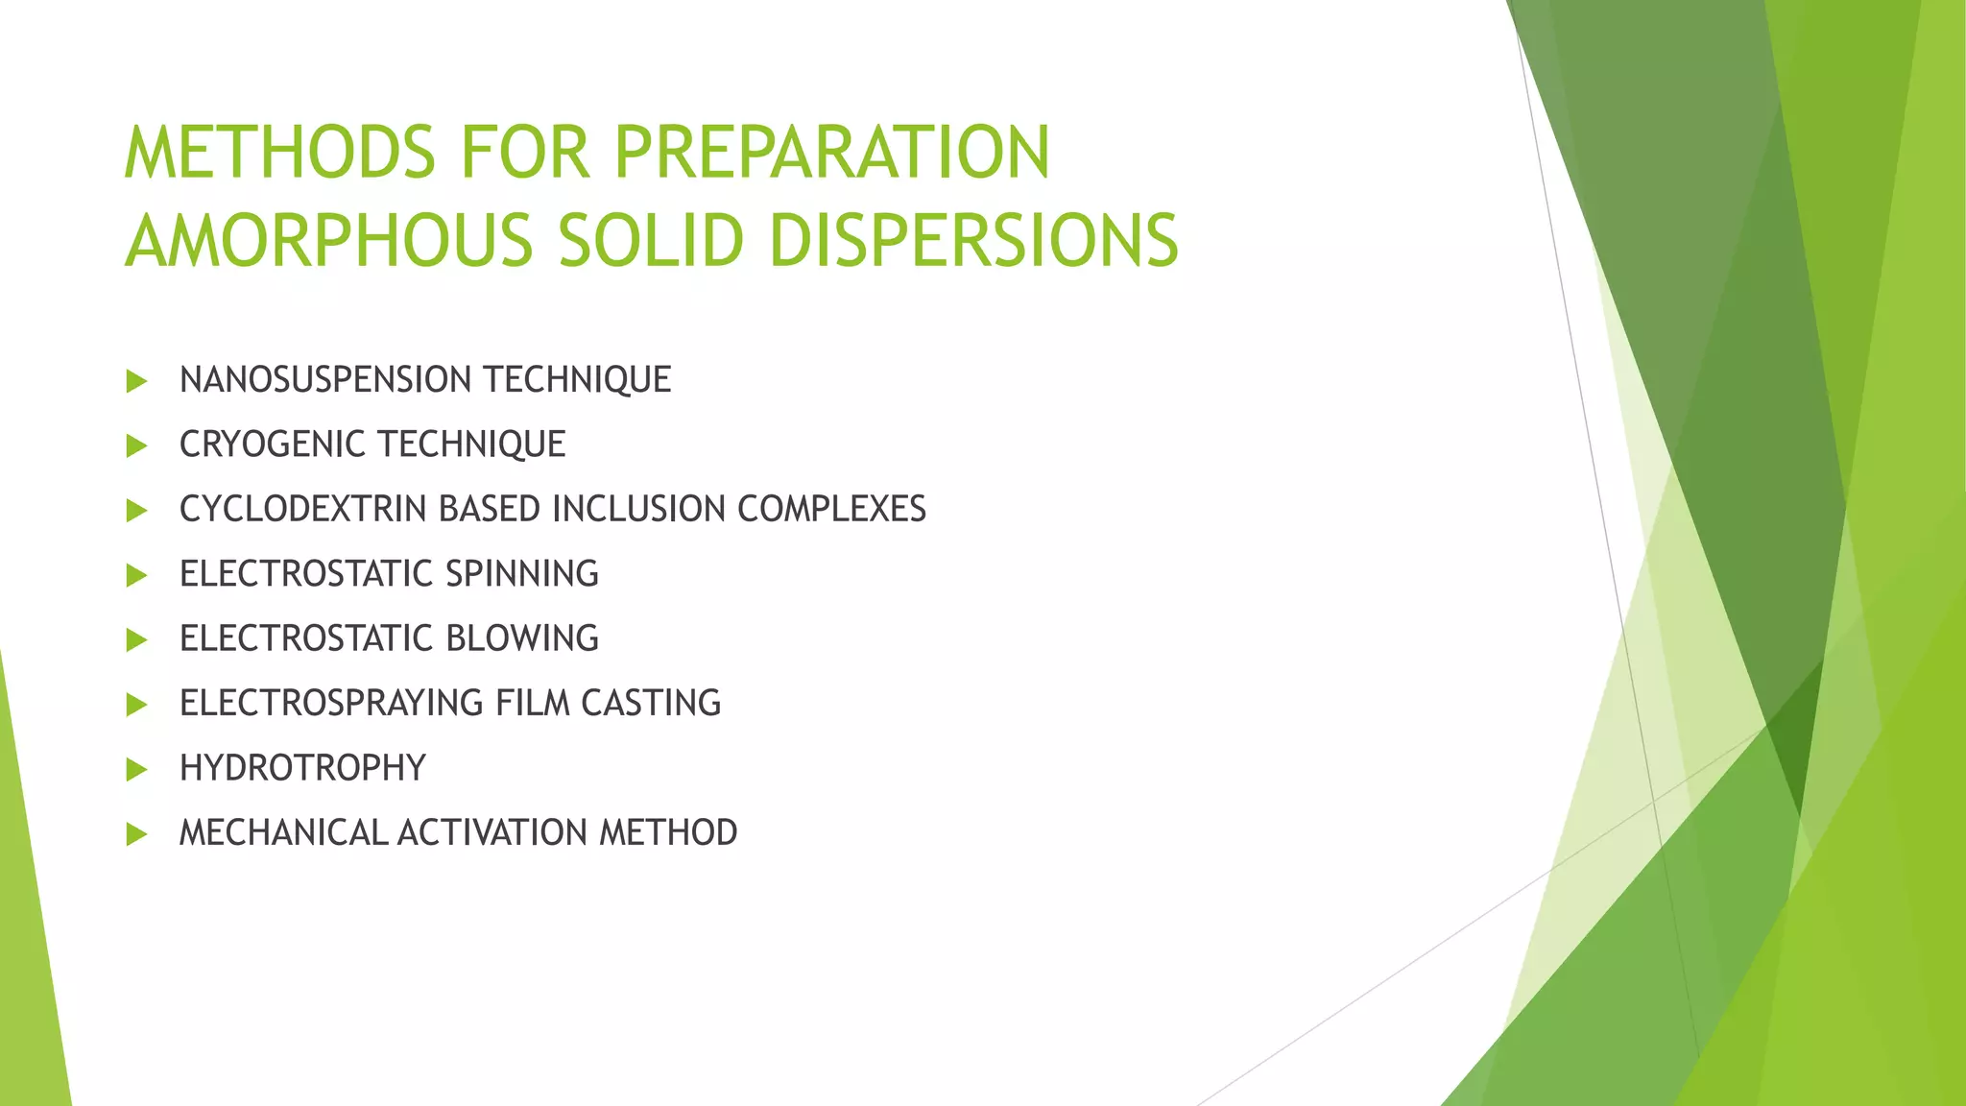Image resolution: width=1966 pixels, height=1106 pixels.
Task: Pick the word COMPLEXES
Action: click(831, 509)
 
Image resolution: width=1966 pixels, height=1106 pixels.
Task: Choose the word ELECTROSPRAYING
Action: click(331, 703)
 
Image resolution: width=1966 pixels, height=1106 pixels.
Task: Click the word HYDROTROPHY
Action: click(302, 768)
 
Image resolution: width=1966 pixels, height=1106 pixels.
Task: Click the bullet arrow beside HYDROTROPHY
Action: click(136, 769)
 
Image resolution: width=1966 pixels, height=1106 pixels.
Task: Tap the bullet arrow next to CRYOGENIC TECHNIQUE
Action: click(136, 445)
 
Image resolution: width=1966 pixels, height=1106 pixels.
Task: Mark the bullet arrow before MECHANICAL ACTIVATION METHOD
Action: click(136, 833)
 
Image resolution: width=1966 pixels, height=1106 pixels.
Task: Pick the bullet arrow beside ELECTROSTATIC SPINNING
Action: click(136, 575)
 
